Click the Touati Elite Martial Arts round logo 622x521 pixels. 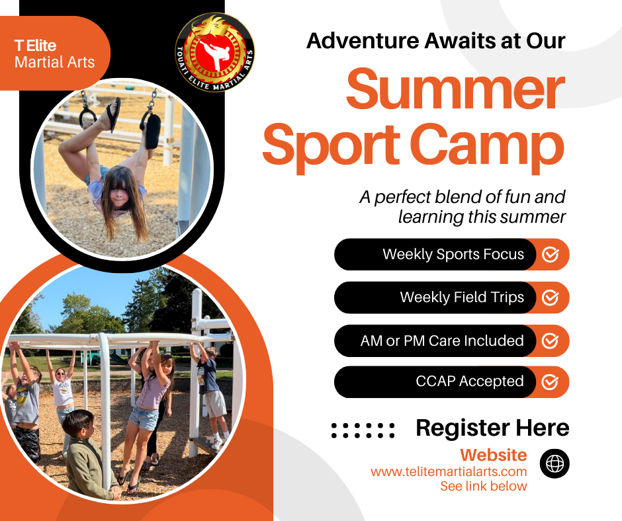click(x=214, y=52)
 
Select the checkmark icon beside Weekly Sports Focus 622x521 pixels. click(x=550, y=255)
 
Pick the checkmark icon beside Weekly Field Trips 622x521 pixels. click(x=550, y=298)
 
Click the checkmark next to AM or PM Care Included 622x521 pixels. click(x=550, y=341)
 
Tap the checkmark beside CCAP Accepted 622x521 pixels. click(x=550, y=382)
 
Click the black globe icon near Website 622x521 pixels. click(x=555, y=463)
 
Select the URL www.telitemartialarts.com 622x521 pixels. click(x=449, y=471)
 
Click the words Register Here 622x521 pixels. click(x=492, y=428)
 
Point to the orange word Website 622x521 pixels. click(x=494, y=455)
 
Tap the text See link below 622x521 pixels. click(x=484, y=486)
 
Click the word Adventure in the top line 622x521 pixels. click(x=363, y=40)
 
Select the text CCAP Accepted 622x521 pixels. click(x=470, y=381)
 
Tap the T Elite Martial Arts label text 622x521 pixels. click(x=55, y=54)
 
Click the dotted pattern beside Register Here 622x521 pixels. click(x=363, y=430)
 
